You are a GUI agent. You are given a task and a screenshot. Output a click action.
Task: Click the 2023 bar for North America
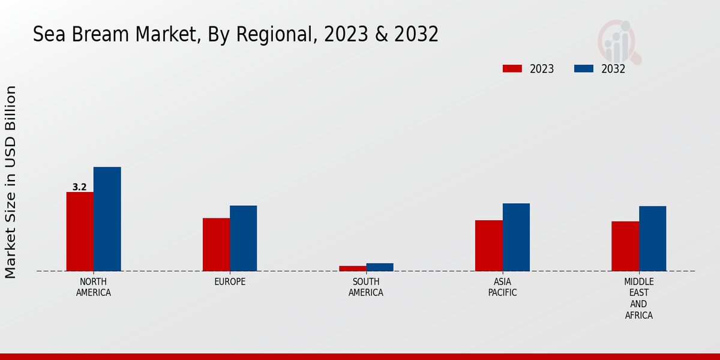(x=80, y=232)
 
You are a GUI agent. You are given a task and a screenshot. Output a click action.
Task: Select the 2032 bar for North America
(x=107, y=219)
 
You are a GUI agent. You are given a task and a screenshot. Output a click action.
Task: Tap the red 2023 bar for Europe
(x=216, y=244)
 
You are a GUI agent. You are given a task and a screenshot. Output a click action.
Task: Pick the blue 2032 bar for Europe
(x=243, y=238)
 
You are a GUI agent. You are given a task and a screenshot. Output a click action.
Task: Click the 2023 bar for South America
(x=352, y=268)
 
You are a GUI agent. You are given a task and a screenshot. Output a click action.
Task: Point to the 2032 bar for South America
(x=380, y=267)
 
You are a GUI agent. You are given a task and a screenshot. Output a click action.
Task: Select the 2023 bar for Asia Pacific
(x=488, y=245)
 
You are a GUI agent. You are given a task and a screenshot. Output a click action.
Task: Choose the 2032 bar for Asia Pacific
(x=516, y=237)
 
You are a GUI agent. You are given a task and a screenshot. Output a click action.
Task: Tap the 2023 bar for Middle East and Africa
(x=625, y=246)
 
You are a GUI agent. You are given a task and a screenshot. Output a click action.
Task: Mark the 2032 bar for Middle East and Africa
(x=652, y=238)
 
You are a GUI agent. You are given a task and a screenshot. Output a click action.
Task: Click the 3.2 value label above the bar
(x=80, y=187)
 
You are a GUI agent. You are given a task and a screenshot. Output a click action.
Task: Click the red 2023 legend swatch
(x=512, y=68)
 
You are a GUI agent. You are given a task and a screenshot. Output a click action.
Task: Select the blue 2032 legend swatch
(x=583, y=68)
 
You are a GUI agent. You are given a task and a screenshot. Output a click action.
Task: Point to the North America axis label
(x=94, y=287)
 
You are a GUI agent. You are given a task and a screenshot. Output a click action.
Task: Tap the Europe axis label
(x=230, y=282)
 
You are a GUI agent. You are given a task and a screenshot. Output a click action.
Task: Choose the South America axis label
(x=366, y=287)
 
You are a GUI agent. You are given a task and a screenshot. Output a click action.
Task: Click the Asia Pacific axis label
(x=502, y=287)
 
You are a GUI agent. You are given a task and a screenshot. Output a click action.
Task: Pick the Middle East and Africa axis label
(x=639, y=298)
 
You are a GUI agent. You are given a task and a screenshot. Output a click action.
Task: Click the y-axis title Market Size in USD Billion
(x=11, y=182)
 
